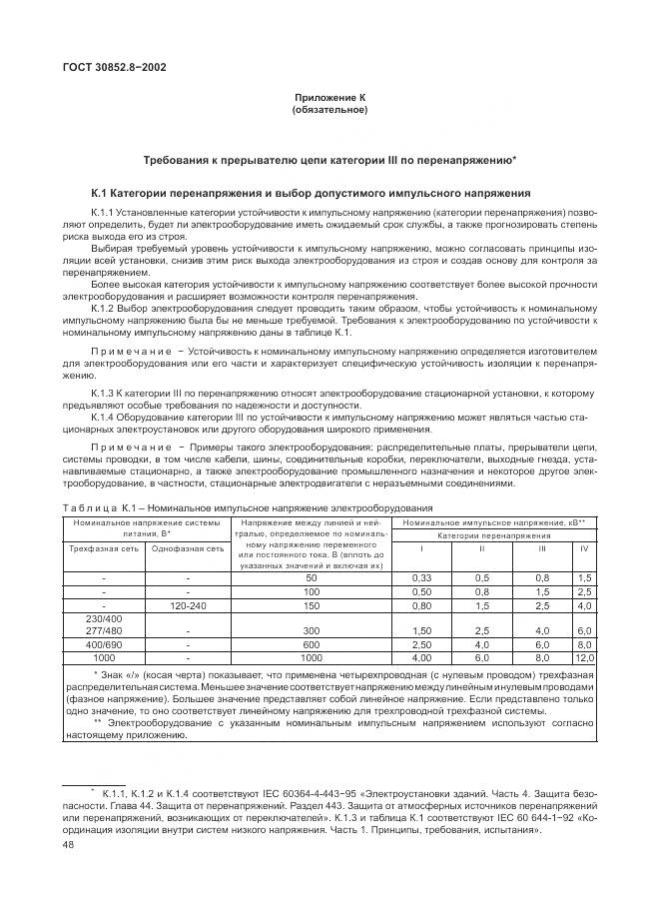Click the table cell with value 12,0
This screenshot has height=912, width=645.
[584, 659]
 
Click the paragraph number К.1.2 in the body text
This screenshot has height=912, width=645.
[106, 310]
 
